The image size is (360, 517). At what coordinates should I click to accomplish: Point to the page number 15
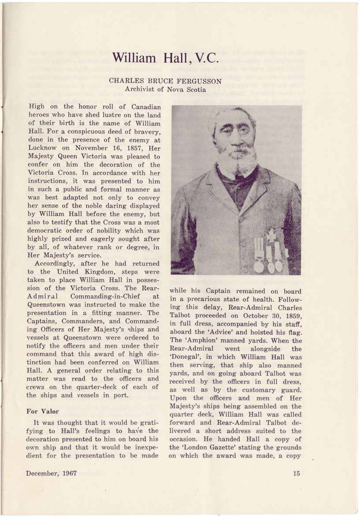point(296,473)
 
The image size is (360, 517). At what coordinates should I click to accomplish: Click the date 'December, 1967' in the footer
point(52,473)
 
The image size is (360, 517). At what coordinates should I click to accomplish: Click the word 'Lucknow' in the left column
point(42,148)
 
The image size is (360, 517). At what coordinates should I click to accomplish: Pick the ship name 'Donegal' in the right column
point(184,357)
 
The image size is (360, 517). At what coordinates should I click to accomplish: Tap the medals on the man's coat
point(269,253)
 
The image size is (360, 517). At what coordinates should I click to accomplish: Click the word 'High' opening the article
point(37,107)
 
